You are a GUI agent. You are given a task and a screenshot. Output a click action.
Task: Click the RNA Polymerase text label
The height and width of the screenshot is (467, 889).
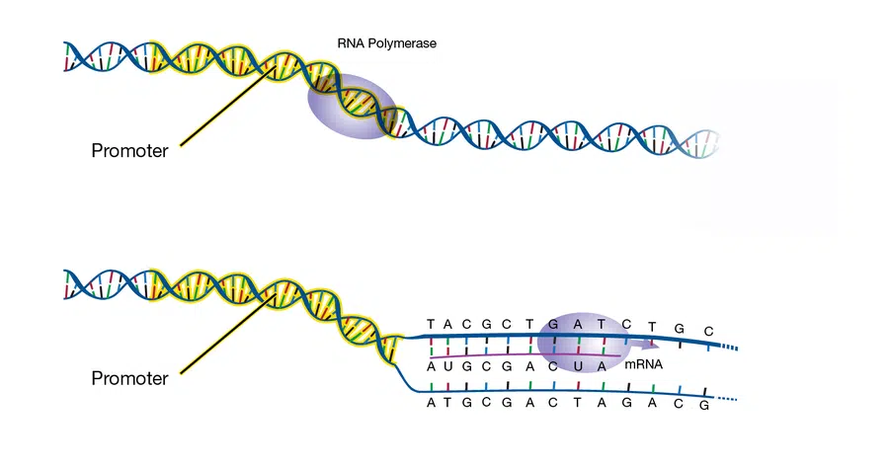(x=386, y=43)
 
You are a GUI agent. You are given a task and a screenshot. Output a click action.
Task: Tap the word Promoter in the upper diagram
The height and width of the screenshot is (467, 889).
(x=129, y=151)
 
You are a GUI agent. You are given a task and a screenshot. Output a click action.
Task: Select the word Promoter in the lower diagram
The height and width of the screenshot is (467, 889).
(x=129, y=378)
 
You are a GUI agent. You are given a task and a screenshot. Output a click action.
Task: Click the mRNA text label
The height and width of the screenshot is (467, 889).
(x=643, y=364)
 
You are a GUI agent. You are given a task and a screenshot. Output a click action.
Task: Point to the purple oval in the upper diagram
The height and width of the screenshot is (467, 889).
(x=352, y=107)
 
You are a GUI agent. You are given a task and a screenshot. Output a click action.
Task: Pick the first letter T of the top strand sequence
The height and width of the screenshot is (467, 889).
(x=431, y=324)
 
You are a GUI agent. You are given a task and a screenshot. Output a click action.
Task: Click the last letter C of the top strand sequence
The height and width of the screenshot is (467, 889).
(x=708, y=332)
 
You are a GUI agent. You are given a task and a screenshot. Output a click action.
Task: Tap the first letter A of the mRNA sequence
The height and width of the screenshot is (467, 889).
(x=431, y=366)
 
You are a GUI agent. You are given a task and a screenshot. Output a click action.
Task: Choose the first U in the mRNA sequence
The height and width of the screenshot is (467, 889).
(x=447, y=366)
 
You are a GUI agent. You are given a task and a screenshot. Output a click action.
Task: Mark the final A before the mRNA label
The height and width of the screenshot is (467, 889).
(x=602, y=366)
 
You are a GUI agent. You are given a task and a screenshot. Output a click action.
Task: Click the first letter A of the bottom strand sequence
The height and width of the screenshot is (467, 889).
(x=431, y=403)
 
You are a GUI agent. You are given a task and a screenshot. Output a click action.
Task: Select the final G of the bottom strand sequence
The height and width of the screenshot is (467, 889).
(x=704, y=406)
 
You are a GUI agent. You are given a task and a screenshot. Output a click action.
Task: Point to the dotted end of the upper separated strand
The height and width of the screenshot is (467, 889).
(x=729, y=348)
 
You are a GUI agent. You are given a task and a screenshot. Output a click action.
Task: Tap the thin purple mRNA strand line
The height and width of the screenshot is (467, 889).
(x=525, y=356)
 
